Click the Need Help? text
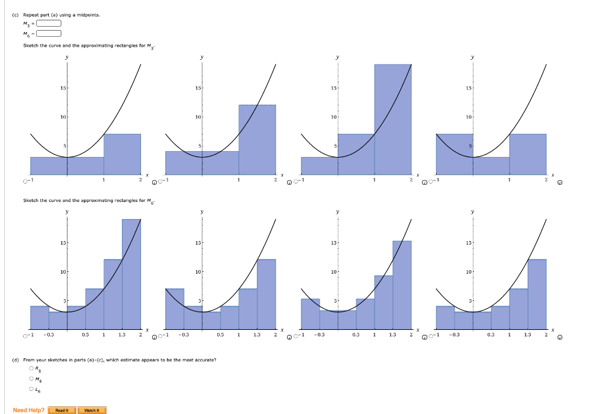point(28,410)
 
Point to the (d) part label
point(15,360)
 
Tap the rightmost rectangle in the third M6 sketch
point(402,284)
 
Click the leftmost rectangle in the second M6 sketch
point(175,308)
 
